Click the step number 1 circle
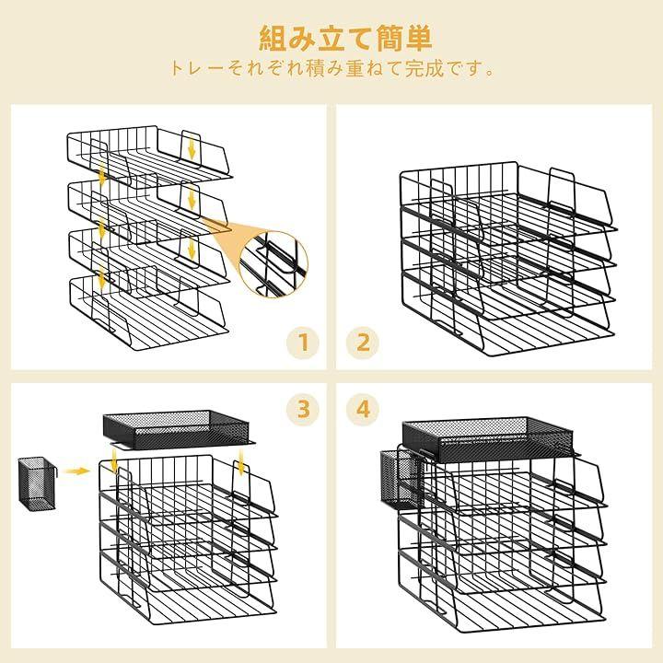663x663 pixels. (x=303, y=342)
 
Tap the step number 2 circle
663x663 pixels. (x=363, y=342)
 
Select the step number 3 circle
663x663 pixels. (x=303, y=409)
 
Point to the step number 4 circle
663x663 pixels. (x=363, y=409)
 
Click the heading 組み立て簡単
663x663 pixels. (x=345, y=38)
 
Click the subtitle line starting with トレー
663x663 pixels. (x=332, y=69)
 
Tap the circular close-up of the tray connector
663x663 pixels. (x=273, y=264)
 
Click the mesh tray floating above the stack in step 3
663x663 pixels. (x=180, y=428)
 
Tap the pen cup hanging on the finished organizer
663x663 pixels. (x=401, y=479)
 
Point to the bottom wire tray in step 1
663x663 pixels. (x=149, y=313)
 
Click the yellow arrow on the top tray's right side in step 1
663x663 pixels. (x=192, y=148)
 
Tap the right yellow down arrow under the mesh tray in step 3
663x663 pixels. (x=241, y=462)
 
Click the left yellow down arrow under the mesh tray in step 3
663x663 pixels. (x=114, y=462)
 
